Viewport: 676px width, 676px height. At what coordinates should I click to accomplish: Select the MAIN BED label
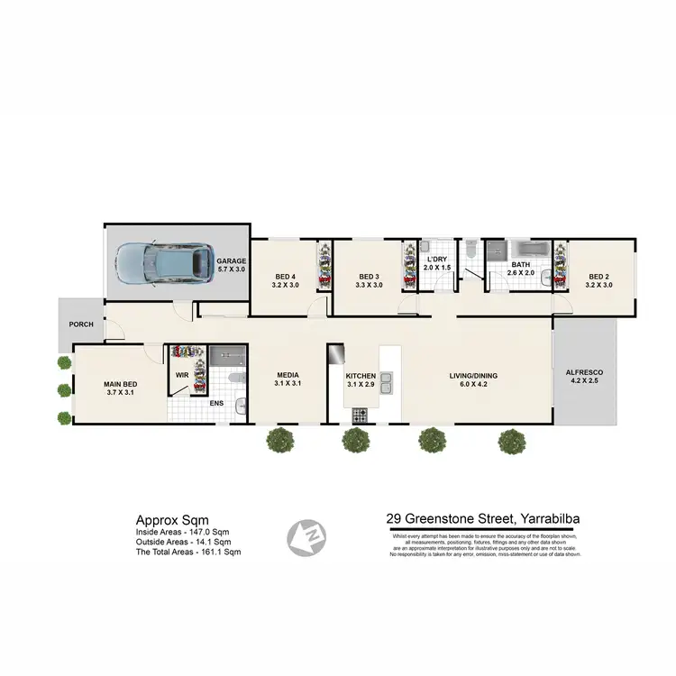(117, 388)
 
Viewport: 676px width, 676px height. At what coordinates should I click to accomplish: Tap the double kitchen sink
(388, 388)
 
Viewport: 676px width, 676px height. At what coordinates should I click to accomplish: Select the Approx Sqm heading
(171, 520)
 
